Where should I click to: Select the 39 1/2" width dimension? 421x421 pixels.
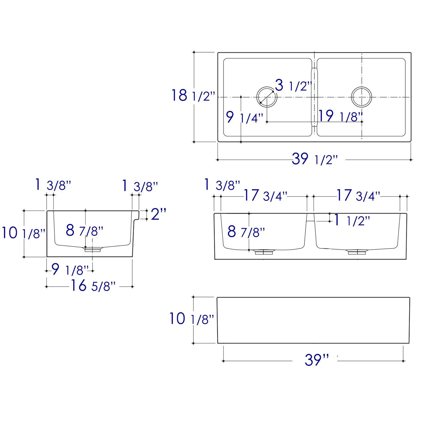coord(314,159)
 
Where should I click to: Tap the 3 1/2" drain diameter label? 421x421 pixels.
coord(293,85)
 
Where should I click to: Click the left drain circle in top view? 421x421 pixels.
coord(267,97)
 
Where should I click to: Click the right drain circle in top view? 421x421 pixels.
coord(361,97)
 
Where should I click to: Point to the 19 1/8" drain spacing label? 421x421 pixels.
coord(340,116)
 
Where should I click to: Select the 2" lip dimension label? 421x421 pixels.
coord(159,214)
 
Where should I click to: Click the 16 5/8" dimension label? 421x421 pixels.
coord(93,286)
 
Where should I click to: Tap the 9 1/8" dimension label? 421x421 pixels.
coord(70,270)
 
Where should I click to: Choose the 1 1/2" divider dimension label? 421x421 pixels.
coord(351,221)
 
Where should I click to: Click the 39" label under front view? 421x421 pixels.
coord(316,360)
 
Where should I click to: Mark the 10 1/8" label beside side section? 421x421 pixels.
coord(23,233)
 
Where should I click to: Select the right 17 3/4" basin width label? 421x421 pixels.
coord(358,196)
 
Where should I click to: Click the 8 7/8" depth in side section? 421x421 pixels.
coord(84,231)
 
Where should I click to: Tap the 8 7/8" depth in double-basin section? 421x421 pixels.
coord(246,232)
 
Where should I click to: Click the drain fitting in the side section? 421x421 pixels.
coord(93,249)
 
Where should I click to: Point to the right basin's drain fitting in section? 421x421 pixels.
coord(357,252)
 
